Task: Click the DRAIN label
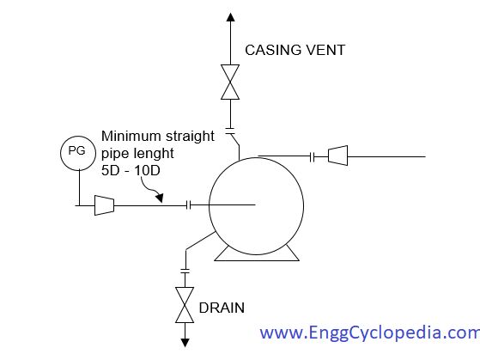(222, 308)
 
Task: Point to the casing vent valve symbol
(230, 82)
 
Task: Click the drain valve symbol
(185, 305)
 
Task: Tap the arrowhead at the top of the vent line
(230, 17)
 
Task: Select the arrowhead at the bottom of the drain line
(185, 343)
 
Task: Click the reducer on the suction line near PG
(105, 205)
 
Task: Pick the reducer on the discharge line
(338, 156)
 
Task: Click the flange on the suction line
(189, 205)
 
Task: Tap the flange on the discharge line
(313, 157)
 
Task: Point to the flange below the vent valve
(230, 131)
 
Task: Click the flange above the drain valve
(185, 272)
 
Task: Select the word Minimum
(131, 136)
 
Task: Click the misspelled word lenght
(155, 154)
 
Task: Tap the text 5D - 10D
(131, 171)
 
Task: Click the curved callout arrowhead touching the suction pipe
(160, 198)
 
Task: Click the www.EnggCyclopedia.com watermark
(370, 333)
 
